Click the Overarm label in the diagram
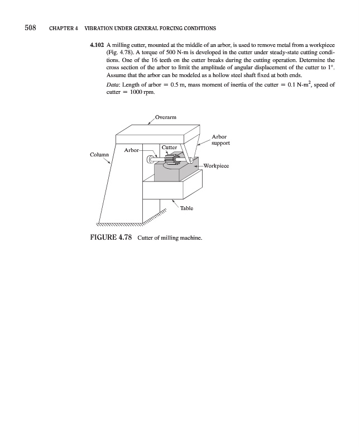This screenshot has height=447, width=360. tap(166, 117)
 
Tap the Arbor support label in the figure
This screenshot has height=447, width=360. tap(220, 140)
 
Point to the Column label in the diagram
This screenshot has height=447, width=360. tap(99, 154)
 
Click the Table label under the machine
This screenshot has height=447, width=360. tap(186, 208)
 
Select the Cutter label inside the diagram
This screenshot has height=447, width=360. tap(169, 148)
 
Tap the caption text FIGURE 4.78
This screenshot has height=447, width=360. tap(111, 239)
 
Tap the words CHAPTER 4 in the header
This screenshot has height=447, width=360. tap(64, 28)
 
